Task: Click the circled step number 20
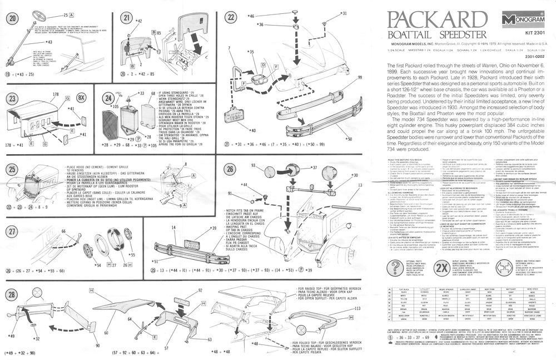coord(12,17)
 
